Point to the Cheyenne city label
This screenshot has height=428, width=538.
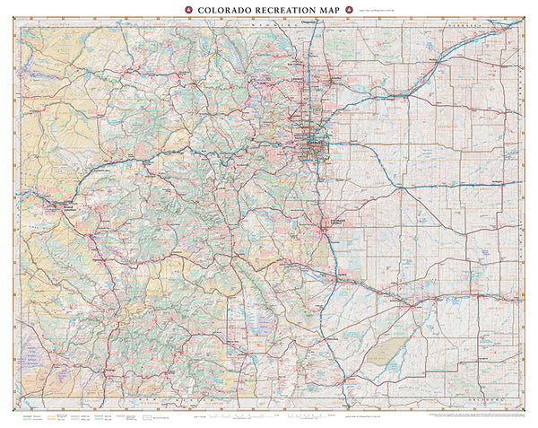(309, 21)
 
